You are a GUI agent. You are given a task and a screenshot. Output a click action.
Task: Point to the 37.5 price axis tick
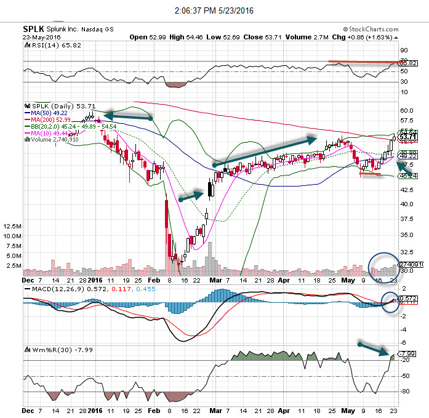[x=406, y=219]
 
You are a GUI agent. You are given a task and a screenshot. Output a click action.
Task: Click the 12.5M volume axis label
[x=13, y=226]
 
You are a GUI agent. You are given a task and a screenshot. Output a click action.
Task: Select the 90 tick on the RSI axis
[x=404, y=51]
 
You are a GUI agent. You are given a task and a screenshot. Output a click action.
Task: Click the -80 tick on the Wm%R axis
[x=405, y=392]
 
